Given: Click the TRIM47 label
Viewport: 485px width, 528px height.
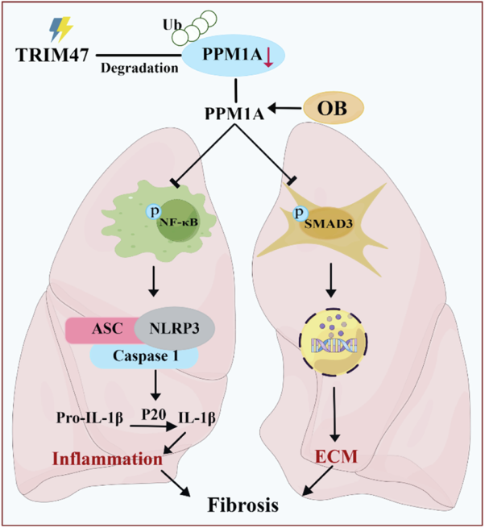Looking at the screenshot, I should point(51,56).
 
